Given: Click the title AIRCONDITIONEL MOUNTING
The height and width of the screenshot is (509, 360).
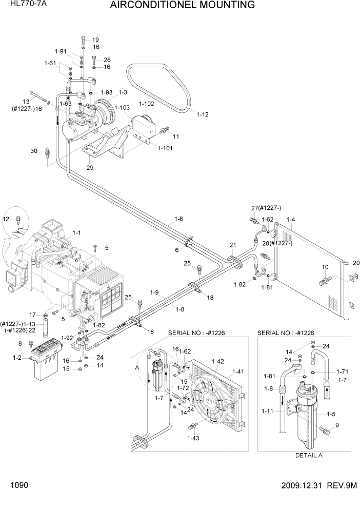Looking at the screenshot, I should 183,6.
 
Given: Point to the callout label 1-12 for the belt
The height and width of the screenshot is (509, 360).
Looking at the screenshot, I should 203,114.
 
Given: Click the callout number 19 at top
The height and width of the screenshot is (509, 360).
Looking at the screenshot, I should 95,40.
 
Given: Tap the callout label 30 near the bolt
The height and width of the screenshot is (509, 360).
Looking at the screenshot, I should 34,150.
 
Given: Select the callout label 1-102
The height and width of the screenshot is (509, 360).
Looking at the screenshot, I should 146,104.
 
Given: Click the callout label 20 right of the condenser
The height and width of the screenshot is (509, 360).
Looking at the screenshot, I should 356,263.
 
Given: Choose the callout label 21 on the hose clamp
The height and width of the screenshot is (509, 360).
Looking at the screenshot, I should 232,244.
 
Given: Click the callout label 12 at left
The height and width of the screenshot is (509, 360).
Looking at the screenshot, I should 6,219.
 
